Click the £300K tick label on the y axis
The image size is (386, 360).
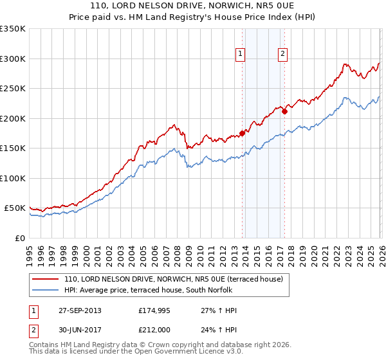pyautogui.click(x=12, y=59)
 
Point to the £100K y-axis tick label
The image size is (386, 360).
pyautogui.click(x=12, y=178)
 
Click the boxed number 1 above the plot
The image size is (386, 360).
pyautogui.click(x=240, y=54)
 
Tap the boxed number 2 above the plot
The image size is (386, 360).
pyautogui.click(x=282, y=54)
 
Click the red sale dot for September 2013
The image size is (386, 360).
pyautogui.click(x=243, y=133)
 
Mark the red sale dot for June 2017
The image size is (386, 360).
pyautogui.click(x=284, y=111)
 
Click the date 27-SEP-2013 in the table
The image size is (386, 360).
pyautogui.click(x=80, y=310)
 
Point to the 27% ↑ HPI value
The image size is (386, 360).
pyautogui.click(x=219, y=310)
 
